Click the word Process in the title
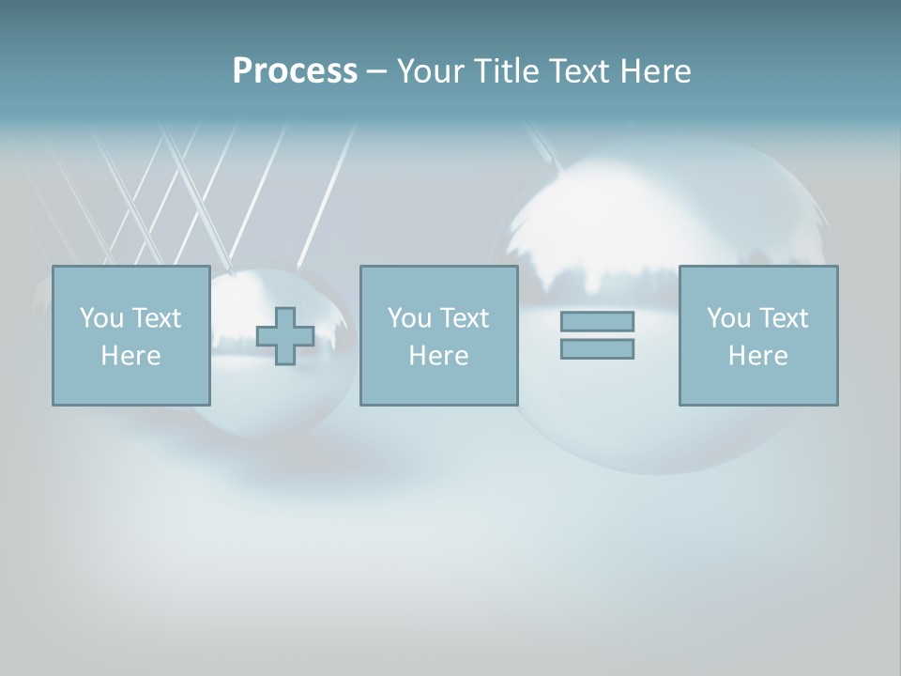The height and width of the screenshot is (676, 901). coord(295,71)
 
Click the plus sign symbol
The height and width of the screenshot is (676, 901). coord(285,336)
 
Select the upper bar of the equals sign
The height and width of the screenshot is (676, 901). coord(597,321)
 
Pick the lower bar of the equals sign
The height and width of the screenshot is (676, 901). coord(597,349)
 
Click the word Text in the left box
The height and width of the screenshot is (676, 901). coord(156,318)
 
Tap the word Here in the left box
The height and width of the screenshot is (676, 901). coord(130,356)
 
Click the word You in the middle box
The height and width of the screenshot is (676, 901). coord(409,318)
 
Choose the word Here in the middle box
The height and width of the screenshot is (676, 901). coord(438,356)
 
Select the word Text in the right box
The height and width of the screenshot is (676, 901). coord(783,318)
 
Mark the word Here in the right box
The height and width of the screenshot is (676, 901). coord(757,356)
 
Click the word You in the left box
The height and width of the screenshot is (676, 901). coord(101,318)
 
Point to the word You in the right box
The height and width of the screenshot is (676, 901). coord(728,318)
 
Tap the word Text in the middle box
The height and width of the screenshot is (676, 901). coord(464,318)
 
